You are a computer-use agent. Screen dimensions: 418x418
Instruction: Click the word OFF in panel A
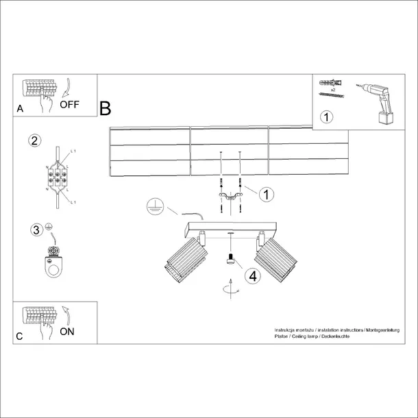click(x=71, y=105)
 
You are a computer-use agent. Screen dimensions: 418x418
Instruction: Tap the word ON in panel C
click(x=68, y=331)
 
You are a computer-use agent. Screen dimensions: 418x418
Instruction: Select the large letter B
click(x=105, y=108)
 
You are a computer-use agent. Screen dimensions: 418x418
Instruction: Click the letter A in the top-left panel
click(x=20, y=109)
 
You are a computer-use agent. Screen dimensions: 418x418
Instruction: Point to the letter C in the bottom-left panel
click(x=20, y=336)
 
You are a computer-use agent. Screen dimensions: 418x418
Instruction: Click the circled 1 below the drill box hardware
click(x=327, y=116)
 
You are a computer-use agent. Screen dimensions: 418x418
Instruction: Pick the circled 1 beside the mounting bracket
click(x=265, y=194)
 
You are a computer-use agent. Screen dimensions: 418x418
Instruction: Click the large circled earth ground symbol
click(x=156, y=205)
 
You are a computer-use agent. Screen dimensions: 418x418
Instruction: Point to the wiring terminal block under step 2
click(x=56, y=179)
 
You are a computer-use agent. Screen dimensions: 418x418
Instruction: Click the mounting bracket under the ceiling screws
click(x=230, y=197)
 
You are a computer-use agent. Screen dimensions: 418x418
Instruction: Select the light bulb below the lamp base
click(x=230, y=260)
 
